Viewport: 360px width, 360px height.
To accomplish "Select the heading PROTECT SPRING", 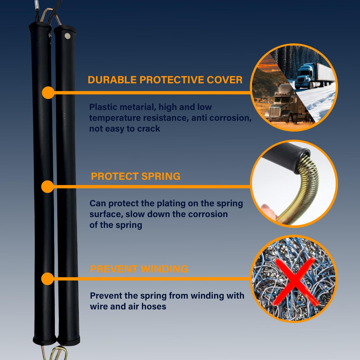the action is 136,176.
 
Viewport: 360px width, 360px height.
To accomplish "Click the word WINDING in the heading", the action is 164,269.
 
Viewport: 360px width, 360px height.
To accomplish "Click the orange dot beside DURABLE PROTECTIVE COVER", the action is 48,92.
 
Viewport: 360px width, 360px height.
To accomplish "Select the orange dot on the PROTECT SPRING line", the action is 47,186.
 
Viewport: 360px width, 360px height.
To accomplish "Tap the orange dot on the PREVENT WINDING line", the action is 47,279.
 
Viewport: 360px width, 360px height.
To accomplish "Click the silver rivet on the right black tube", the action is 67,36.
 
